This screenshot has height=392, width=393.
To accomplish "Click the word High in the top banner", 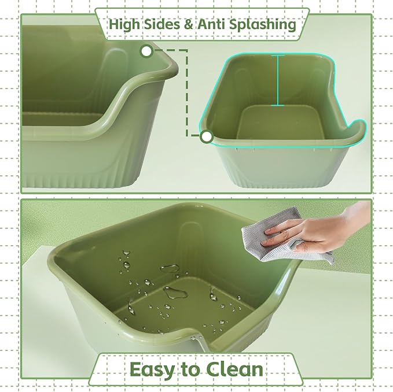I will (x=123, y=25).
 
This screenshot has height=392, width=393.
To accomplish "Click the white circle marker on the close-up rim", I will (x=146, y=51).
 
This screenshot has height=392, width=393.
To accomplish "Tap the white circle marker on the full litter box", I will (x=207, y=136).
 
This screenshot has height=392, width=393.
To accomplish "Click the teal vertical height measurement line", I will (x=280, y=81).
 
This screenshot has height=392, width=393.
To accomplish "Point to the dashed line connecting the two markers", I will (x=186, y=93).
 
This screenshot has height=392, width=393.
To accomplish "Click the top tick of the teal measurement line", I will (x=280, y=56).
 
